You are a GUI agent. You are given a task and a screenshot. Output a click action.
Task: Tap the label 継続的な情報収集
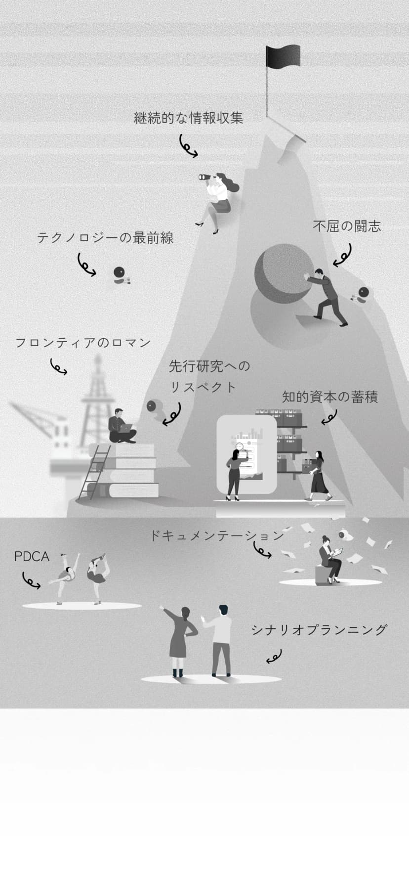(x=189, y=118)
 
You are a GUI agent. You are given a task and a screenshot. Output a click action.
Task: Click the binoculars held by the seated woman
(x=207, y=177)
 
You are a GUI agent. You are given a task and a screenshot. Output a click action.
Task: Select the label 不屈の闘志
(x=347, y=226)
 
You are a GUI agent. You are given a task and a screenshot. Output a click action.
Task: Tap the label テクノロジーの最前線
(x=105, y=238)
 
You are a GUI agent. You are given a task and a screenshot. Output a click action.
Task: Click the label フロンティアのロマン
(x=83, y=343)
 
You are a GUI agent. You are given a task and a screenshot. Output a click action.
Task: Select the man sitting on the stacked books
(x=121, y=426)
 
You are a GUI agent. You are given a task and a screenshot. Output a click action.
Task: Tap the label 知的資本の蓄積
(x=330, y=397)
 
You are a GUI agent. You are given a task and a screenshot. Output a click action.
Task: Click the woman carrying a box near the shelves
(x=319, y=474)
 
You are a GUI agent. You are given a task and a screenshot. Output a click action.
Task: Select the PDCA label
(x=32, y=557)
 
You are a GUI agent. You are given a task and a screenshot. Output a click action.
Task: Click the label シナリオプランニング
(x=319, y=630)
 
